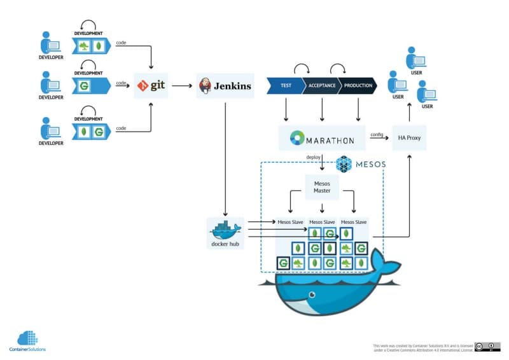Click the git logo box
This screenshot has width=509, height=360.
[x=151, y=85]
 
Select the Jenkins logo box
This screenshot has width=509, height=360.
[x=225, y=85]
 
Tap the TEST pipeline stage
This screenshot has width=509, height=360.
[x=284, y=85]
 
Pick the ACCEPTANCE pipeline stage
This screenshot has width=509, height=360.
[x=321, y=85]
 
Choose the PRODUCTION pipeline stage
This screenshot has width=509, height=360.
[x=358, y=85]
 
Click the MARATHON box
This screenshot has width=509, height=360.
[x=322, y=138]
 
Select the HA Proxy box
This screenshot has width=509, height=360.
[x=409, y=138]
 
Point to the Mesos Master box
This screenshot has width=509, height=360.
[x=322, y=188]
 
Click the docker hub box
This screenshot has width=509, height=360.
[x=225, y=233]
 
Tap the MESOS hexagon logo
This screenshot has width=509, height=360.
[x=344, y=164]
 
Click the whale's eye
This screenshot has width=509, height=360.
[x=310, y=294]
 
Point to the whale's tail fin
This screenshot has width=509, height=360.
[x=385, y=261]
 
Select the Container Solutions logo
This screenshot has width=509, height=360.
[x=27, y=340]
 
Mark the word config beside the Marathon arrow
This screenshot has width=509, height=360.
[x=377, y=134]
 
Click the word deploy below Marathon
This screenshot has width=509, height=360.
[x=313, y=157]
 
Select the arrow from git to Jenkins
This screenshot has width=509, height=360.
[x=183, y=85]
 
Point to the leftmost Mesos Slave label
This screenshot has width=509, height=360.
[x=290, y=222]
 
